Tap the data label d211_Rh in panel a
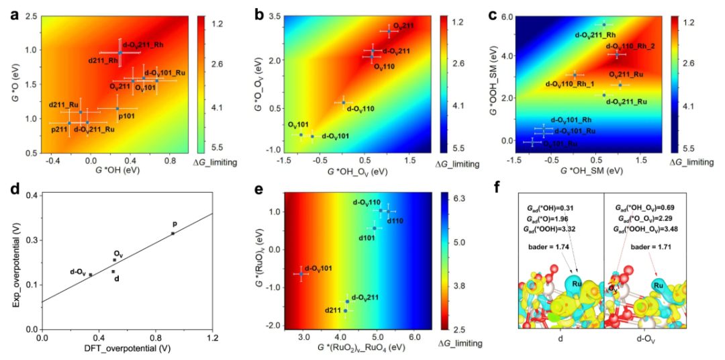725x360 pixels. [x=103, y=60]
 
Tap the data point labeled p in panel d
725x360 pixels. [x=174, y=224]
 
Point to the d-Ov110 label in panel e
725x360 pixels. [x=367, y=202]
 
